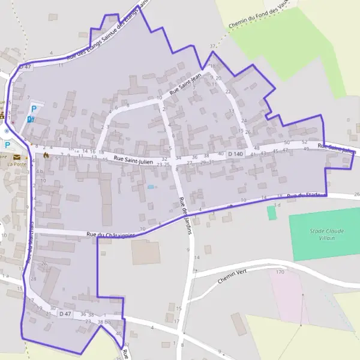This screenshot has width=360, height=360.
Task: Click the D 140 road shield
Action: click(x=236, y=154)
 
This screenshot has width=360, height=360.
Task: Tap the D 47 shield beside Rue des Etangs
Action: click(x=25, y=67)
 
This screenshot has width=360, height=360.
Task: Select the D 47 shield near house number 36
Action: click(x=65, y=314)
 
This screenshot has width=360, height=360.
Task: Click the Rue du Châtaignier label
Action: click(x=110, y=235)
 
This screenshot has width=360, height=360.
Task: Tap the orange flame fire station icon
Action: click(x=46, y=154)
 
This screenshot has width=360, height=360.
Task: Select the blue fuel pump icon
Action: click(x=31, y=119)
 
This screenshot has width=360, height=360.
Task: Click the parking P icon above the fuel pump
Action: click(x=34, y=109)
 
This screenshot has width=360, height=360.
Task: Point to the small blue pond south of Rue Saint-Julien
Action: click(x=151, y=187)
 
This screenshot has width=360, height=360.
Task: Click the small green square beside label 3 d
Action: click(x=272, y=214)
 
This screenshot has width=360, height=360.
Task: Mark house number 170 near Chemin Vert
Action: click(x=279, y=272)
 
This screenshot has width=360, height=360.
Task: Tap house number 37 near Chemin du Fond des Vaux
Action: click(x=212, y=46)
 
